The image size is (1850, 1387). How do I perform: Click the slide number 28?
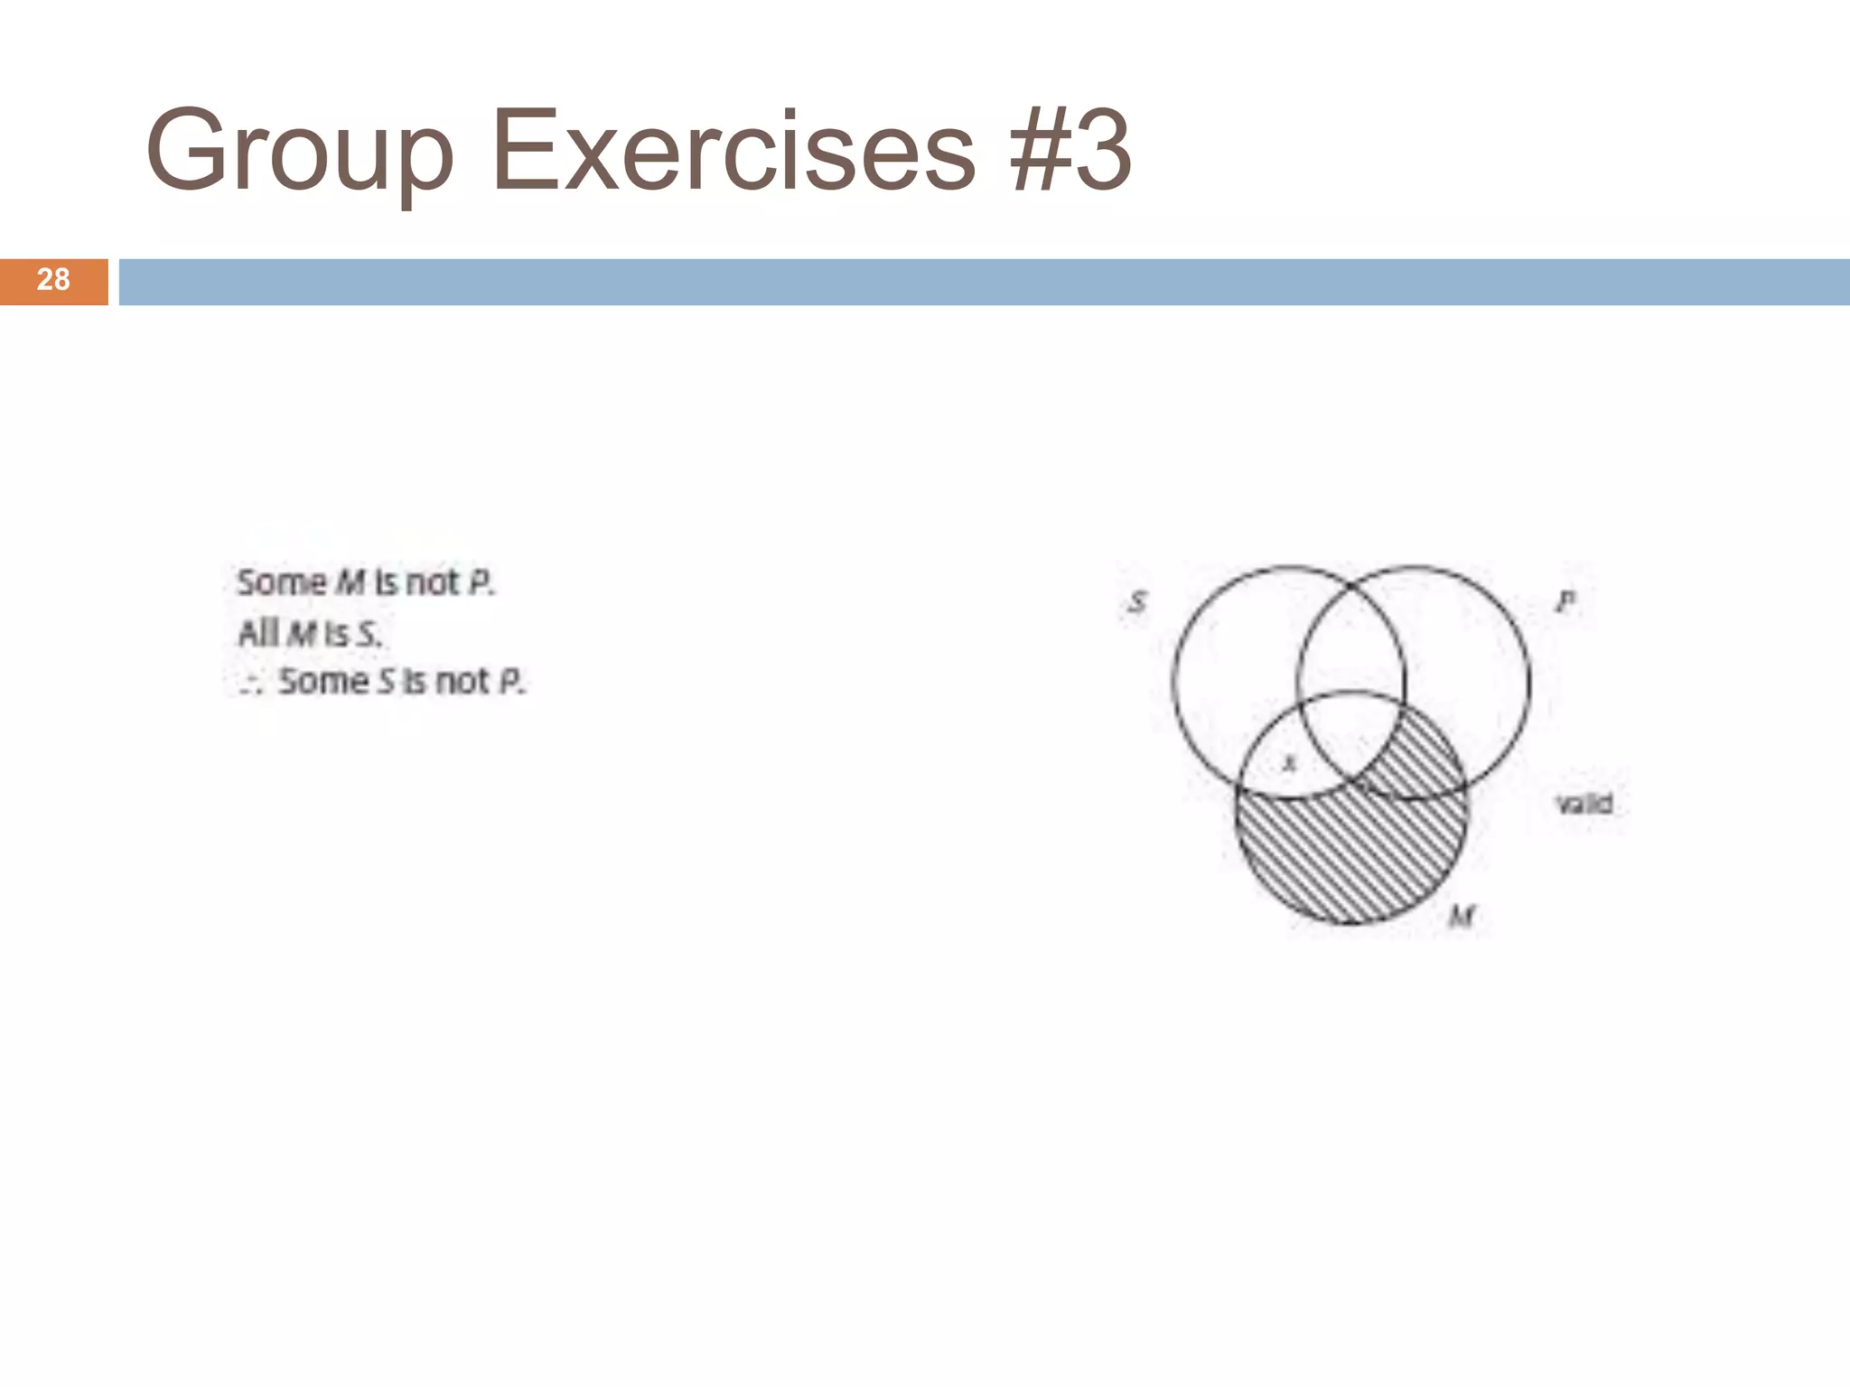point(53,280)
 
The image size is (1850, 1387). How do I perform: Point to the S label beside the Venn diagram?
point(1138,601)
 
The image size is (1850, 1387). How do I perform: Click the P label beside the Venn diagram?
point(1565,600)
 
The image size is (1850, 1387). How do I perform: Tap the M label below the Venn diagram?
point(1461,917)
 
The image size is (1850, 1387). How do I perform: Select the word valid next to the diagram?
point(1584,803)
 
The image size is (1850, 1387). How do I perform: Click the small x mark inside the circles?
point(1290,763)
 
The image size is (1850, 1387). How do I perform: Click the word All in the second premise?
point(257,633)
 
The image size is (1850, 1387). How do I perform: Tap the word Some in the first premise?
point(281,582)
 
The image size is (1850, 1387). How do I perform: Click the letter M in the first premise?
point(350,583)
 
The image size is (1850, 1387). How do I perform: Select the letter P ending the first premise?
point(480,583)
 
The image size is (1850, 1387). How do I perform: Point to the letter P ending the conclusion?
point(510,681)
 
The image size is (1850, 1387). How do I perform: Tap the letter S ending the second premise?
point(367,634)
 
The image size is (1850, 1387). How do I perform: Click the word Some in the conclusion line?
point(322,681)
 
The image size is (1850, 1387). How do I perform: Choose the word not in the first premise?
point(432,583)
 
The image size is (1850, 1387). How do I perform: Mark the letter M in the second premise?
point(302,634)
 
